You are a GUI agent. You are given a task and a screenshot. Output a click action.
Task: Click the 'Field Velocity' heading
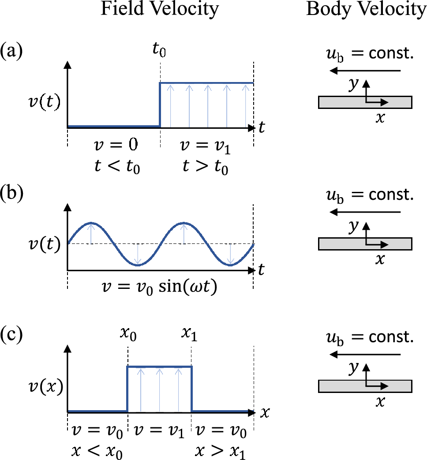coord(160,10)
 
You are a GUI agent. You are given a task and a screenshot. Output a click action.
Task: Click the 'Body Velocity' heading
coord(366,10)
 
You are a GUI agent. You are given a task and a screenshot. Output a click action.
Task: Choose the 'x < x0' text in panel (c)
coord(97,450)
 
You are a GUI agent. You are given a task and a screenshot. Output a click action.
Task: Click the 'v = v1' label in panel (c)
coord(159,430)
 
